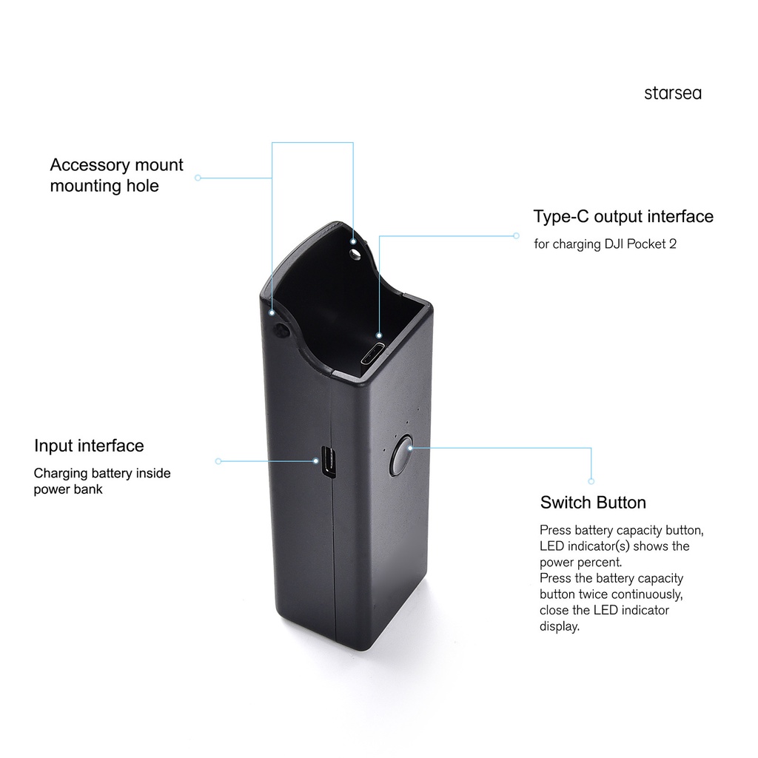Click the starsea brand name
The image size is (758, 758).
click(672, 93)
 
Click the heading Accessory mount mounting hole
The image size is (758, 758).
click(116, 175)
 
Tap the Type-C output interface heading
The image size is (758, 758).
click(623, 216)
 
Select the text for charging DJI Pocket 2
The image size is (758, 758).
click(605, 244)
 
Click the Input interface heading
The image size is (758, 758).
click(89, 446)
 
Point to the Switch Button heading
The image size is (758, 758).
click(593, 503)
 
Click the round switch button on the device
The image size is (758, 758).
click(400, 456)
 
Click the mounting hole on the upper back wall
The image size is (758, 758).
click(356, 253)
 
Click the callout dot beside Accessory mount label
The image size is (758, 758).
click(198, 178)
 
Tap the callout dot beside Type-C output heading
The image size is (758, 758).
click(517, 236)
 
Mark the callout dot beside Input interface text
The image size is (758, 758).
click(218, 461)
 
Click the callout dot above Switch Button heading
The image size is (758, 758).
click(591, 481)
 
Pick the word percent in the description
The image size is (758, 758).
click(600, 563)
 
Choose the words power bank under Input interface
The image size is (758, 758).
click(68, 489)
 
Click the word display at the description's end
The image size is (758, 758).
click(559, 626)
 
